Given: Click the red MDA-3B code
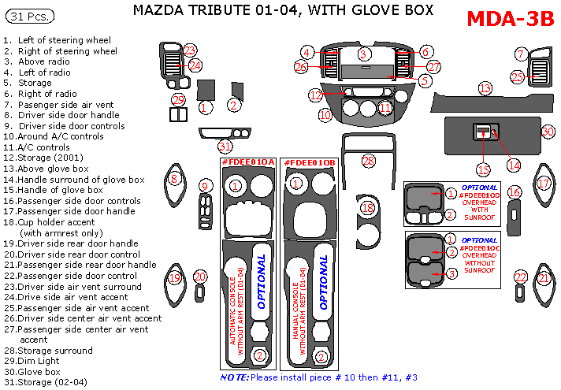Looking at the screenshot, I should point(510,20).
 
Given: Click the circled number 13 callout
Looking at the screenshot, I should point(485,88).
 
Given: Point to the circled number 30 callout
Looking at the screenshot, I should point(548,131).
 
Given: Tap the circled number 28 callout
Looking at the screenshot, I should point(368,161).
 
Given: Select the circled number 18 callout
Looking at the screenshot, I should point(366,208).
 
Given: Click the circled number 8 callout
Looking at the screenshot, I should point(174,179).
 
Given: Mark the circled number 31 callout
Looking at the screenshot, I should point(225,147).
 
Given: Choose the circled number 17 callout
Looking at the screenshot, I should point(543,183).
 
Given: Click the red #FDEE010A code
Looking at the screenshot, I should point(247,162).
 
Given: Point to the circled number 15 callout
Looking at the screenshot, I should point(483,169).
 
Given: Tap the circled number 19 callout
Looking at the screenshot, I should point(174,277).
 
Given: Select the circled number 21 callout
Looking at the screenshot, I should point(544,277).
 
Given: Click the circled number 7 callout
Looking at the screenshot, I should point(520,54).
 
